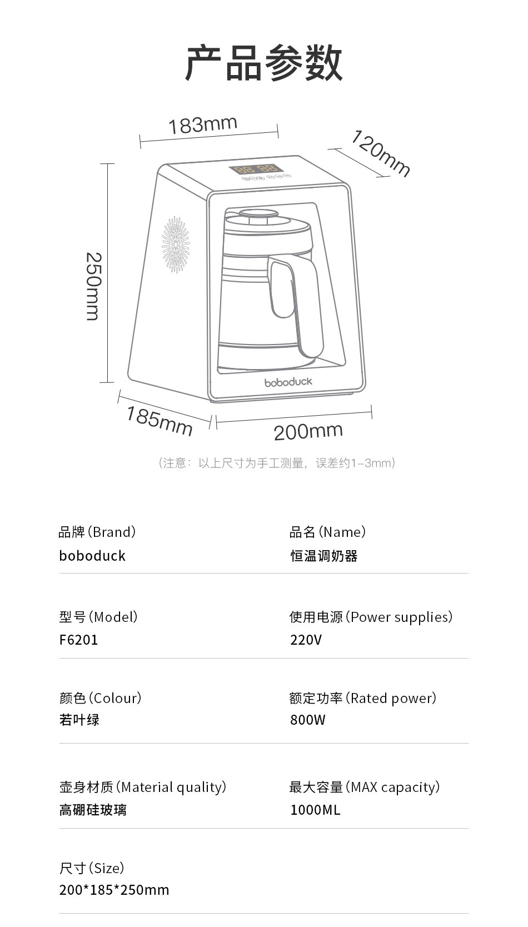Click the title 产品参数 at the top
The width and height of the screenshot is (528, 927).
pos(263,63)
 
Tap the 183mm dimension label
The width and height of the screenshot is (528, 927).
pos(203,124)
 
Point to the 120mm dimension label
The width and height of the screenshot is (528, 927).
pos(380,153)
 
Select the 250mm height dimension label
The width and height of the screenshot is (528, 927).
pos(93,286)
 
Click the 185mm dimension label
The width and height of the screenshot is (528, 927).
pos(159,421)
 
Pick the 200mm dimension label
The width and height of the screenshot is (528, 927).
pos(308,431)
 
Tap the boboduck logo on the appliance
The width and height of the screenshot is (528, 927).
pos(288,382)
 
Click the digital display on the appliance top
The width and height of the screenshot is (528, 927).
pos(256,169)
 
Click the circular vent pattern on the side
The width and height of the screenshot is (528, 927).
pos(176,245)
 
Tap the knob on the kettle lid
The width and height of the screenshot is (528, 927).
pos(258,213)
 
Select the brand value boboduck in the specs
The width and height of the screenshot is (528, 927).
pos(92,556)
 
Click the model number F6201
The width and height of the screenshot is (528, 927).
pos(78,640)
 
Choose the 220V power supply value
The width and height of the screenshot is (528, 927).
pos(306,640)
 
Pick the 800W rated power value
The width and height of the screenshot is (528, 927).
pos(307,720)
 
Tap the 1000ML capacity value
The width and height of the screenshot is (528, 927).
pos(315,810)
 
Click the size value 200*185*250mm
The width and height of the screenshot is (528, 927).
pos(114,890)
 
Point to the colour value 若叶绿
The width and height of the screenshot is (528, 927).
pos(79,720)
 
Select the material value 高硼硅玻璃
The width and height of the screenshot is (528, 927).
pos(93,810)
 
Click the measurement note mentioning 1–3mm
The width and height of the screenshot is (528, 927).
pos(277,463)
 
